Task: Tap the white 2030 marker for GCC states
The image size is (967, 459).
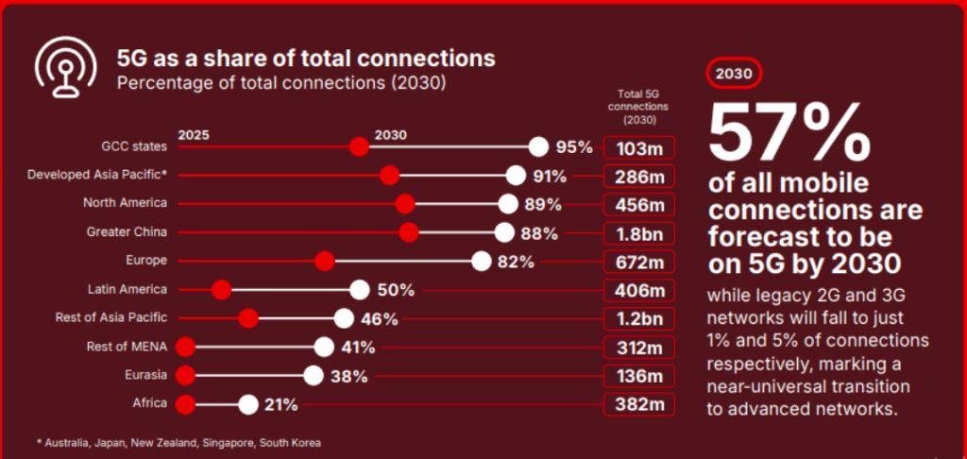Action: point(538,146)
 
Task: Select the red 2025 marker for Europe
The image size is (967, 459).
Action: point(325,261)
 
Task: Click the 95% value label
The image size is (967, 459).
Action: point(574,147)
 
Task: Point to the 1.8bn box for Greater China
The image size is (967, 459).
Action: point(639,233)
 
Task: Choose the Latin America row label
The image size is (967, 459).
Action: point(127,289)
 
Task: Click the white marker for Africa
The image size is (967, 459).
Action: point(248,404)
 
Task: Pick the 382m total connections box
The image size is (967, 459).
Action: point(639,405)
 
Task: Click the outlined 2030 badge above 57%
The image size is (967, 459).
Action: point(734,73)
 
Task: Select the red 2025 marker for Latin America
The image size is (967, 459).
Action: point(221,290)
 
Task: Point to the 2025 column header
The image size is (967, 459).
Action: point(194,135)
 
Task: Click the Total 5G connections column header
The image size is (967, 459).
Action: point(637,107)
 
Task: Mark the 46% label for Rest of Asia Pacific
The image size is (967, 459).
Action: point(379,319)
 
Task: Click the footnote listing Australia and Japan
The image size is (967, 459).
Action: point(178,442)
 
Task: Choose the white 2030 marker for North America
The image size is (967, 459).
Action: point(508,204)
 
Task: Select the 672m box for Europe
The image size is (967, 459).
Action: point(639,262)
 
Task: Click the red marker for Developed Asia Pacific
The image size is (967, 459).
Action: point(389,176)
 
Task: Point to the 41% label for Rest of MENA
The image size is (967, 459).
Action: point(358,348)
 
